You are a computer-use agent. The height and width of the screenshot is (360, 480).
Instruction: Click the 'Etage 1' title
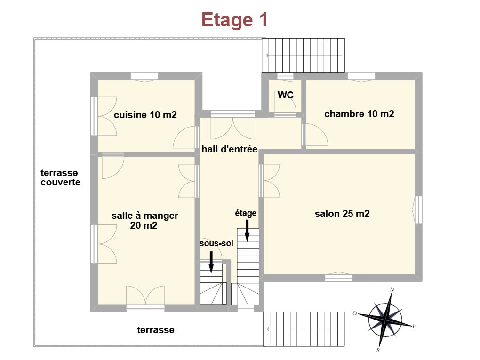coord(234,20)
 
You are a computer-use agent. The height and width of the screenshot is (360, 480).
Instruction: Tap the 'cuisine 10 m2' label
coord(145,115)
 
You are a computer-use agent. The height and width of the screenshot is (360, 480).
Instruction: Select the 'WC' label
coord(285,95)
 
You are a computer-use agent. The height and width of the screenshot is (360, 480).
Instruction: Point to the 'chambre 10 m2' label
coord(359,114)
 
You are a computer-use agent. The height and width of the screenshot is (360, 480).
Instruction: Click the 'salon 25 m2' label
coord(342,213)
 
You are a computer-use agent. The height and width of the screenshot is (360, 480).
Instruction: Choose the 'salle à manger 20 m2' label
coord(144,220)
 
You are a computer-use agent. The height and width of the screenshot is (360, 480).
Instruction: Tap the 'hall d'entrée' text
coord(229,149)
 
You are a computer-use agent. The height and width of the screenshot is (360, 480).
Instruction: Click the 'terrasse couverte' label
coord(60,177)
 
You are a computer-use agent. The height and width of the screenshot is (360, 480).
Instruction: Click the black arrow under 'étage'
coord(247,231)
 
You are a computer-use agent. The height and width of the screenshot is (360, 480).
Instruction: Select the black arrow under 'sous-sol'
coord(211,262)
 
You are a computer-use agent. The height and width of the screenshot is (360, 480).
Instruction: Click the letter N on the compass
coord(392,289)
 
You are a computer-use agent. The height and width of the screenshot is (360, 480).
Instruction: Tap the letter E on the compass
coord(414,327)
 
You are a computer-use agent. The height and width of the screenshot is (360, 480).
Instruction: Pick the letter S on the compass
coord(378,350)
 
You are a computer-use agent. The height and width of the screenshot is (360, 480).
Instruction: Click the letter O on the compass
coord(355,313)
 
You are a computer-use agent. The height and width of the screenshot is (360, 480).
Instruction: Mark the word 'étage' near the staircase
coord(246,213)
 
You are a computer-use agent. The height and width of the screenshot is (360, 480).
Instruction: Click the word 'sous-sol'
coord(216,243)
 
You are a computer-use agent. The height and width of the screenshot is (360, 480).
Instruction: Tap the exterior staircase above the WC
coord(303,56)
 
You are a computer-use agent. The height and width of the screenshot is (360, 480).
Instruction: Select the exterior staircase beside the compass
coord(304,329)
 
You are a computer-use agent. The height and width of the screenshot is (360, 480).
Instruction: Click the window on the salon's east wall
coord(418,210)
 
